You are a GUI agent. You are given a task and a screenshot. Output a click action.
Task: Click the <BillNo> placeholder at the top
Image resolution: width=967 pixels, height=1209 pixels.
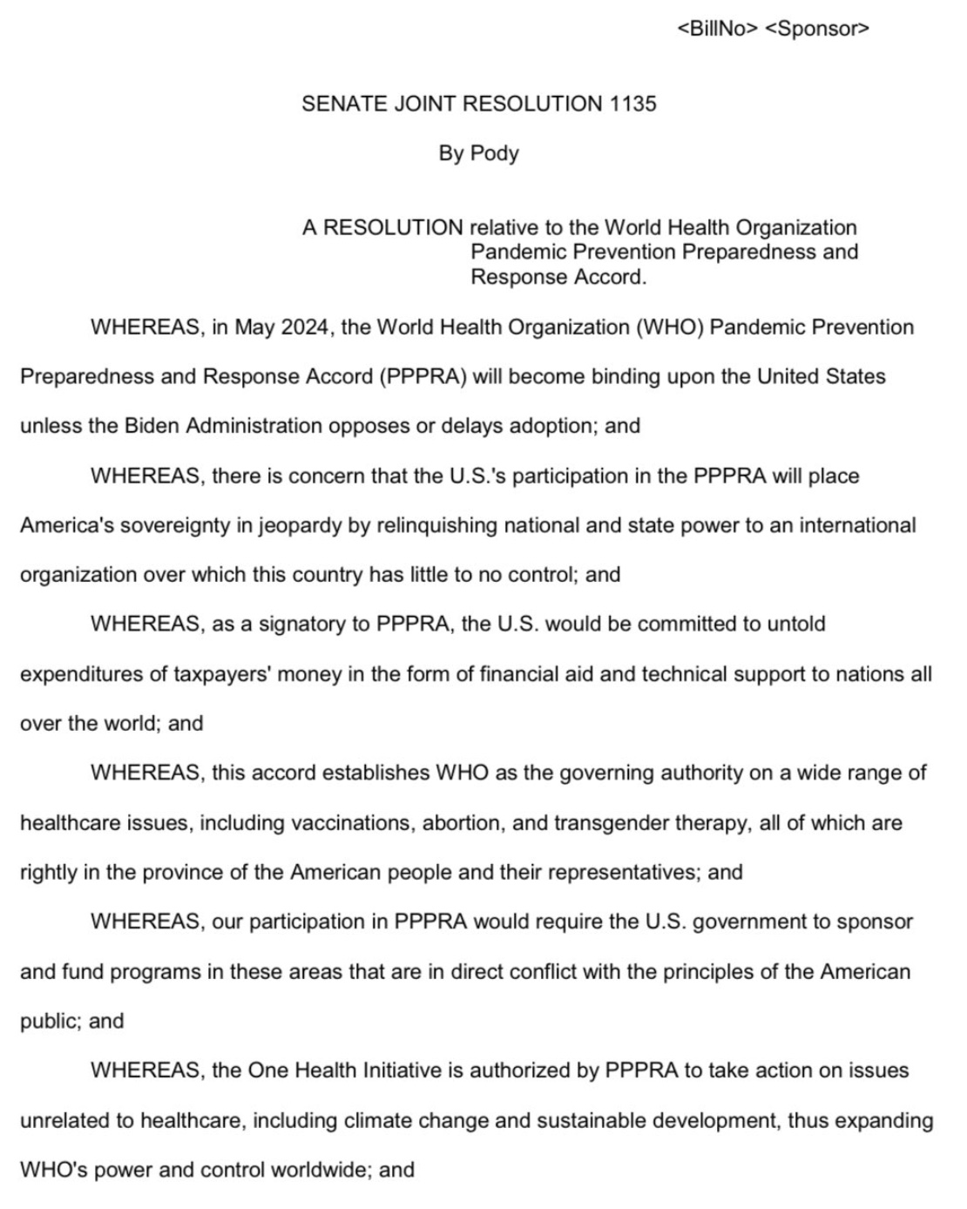[716, 29]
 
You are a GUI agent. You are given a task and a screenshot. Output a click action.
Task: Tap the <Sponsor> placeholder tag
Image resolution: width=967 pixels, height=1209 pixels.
[816, 29]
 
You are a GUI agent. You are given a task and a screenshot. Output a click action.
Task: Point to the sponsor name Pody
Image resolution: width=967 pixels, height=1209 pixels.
[494, 153]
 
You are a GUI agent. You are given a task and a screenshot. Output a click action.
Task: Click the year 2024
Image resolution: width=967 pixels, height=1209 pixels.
[305, 328]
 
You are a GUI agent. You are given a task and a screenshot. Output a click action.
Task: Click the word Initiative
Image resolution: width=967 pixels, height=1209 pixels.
[399, 1071]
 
